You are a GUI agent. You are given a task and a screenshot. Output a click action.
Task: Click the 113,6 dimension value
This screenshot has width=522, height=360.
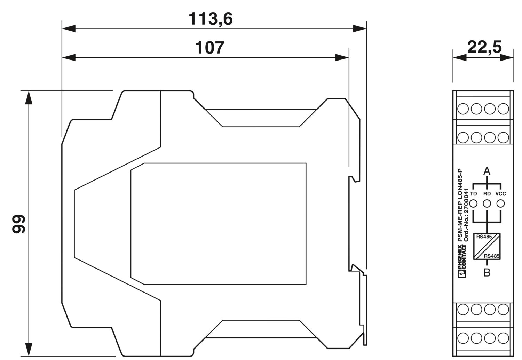210,19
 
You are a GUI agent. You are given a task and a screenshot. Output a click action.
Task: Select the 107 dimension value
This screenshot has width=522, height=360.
209,48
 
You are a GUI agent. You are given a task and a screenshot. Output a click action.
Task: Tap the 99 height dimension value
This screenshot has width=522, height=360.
19,224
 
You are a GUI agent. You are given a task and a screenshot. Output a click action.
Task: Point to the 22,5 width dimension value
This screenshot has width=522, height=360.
484,47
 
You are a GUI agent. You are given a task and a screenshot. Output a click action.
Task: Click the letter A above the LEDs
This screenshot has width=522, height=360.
487,171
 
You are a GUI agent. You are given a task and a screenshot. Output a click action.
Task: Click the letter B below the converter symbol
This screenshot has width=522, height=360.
487,273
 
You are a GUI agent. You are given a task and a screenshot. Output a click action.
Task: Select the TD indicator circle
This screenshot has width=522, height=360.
473,203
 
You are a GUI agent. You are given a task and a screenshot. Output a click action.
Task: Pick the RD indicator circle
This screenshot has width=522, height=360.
487,203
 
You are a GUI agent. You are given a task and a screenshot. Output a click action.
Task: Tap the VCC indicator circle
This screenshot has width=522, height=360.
500,203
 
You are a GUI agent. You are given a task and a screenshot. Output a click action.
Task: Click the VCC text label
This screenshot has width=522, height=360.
500,194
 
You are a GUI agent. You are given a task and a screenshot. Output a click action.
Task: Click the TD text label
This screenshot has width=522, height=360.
473,194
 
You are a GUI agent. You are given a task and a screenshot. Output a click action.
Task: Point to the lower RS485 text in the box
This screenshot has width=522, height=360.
492,256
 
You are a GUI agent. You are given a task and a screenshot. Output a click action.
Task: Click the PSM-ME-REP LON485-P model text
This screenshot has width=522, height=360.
460,205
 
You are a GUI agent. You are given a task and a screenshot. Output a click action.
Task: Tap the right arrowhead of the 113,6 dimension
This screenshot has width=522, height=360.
360,29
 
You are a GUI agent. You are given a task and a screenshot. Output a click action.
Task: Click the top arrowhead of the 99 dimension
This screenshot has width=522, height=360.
29,97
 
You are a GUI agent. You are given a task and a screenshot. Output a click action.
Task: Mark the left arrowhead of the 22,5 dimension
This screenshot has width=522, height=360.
459,57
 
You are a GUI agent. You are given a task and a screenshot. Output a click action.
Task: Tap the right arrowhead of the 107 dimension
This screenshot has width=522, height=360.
342,57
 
